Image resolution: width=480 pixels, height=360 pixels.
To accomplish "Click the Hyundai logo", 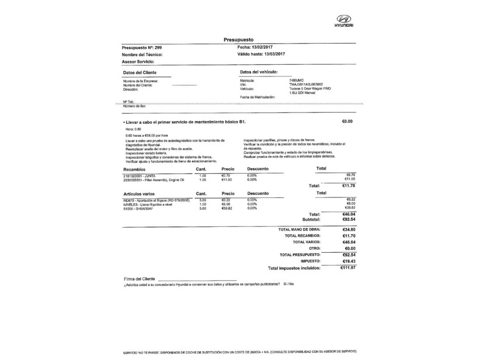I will (344, 20).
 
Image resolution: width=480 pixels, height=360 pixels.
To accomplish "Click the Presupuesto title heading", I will (238, 40).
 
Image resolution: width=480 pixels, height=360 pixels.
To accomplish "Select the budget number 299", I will (158, 48).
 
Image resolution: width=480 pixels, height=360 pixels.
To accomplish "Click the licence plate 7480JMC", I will (296, 80).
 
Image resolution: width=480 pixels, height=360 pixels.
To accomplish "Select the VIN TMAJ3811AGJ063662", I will (306, 85).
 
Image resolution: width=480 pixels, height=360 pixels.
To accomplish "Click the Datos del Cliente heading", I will (140, 72).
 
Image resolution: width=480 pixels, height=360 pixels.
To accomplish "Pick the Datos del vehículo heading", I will (259, 72).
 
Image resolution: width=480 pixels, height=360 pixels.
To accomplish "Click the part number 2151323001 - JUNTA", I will (139, 176).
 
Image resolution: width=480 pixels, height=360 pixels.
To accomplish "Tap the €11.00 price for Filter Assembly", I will (227, 180).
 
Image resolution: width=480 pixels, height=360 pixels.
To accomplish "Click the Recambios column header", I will (134, 169).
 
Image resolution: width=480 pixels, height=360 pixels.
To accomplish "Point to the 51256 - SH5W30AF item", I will (138, 209).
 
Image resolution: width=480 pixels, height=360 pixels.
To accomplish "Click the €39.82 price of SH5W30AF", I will (227, 208).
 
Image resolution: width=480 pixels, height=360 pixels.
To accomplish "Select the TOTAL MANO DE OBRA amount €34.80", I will (349, 229).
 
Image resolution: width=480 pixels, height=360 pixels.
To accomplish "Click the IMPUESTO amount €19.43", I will (349, 261).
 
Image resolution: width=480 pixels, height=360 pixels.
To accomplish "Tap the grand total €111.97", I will (348, 268).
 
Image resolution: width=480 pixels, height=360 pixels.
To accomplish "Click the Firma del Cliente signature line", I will (197, 279).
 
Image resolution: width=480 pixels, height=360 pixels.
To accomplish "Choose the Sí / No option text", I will (288, 284).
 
